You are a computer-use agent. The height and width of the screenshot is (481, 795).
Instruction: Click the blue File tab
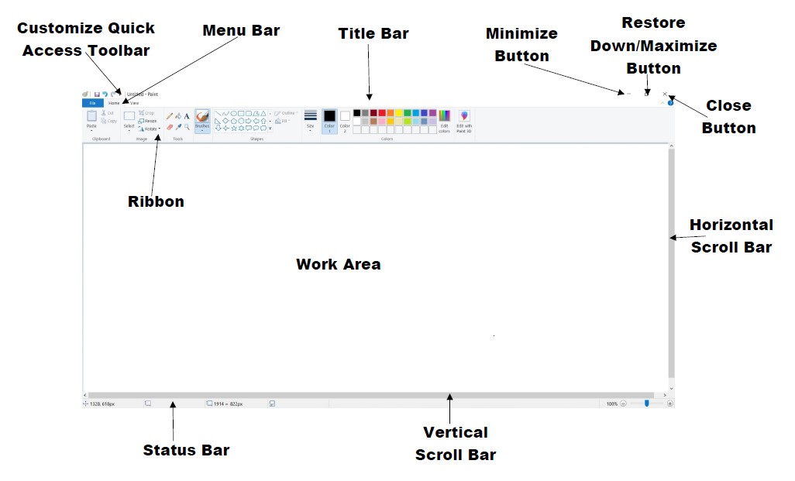pos(92,102)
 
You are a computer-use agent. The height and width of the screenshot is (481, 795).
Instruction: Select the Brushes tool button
pos(202,119)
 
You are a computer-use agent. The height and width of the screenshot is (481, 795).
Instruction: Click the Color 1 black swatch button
pos(329,120)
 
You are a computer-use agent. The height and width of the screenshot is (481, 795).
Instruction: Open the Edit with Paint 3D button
pos(464,121)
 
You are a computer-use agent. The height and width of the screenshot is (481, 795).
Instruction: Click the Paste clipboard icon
pos(91,117)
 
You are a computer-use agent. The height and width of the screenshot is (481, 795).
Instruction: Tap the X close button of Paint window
pos(665,94)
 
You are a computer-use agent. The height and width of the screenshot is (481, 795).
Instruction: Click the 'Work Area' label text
pos(339,264)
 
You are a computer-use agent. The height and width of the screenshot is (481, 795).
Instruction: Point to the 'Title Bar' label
pos(373,34)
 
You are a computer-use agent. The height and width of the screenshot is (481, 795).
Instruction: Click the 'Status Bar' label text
pos(186,450)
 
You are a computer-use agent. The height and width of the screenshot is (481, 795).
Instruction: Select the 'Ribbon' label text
pos(156,201)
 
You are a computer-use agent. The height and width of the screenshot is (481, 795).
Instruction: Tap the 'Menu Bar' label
pos(241,31)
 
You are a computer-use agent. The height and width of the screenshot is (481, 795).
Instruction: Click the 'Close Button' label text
pos(728,116)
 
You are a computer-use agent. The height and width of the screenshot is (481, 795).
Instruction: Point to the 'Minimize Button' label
pos(521,45)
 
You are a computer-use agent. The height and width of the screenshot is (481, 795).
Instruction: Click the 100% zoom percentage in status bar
pos(611,404)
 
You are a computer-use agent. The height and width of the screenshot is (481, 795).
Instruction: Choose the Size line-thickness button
pos(310,119)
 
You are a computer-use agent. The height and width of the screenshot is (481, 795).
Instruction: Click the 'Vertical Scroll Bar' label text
pos(455,443)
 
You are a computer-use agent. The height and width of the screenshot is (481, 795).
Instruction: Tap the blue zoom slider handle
pos(646,403)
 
